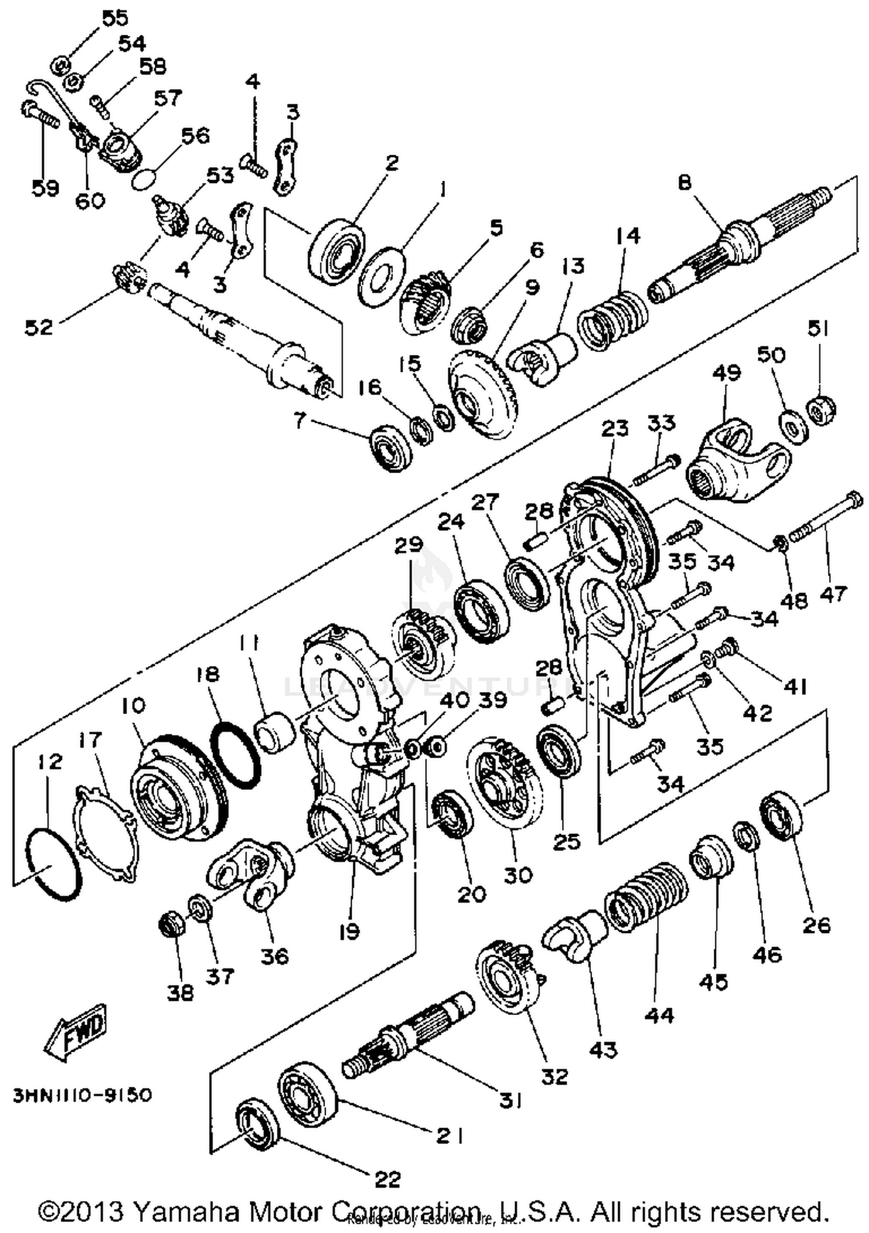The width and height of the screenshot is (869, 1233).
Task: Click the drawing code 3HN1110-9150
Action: point(82,1095)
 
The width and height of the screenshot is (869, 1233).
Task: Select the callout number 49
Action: point(727,372)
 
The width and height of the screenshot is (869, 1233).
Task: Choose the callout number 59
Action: point(45,188)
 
